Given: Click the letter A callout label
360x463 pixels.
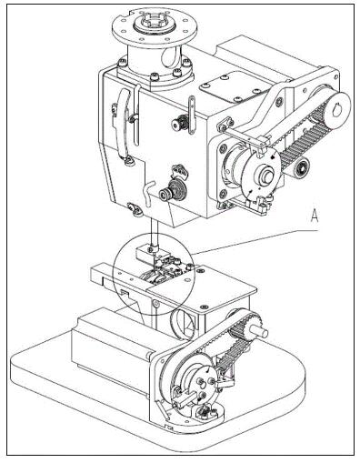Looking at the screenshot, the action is coord(315,216).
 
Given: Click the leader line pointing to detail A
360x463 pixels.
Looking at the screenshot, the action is coord(255,242).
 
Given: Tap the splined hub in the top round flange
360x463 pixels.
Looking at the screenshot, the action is coord(155,25).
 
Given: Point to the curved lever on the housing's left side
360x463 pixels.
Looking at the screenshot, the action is coord(124,123).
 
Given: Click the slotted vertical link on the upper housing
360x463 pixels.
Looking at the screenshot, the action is coord(192,116).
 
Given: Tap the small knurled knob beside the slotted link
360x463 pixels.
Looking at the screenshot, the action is coord(178,123).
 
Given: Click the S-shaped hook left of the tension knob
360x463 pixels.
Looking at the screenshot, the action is coord(149,194).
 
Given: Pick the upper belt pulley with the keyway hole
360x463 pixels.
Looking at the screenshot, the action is coord(335,108).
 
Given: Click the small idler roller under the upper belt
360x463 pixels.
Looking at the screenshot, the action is coord(300,167).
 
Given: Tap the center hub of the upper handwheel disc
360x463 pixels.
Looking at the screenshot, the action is coord(265,175).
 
